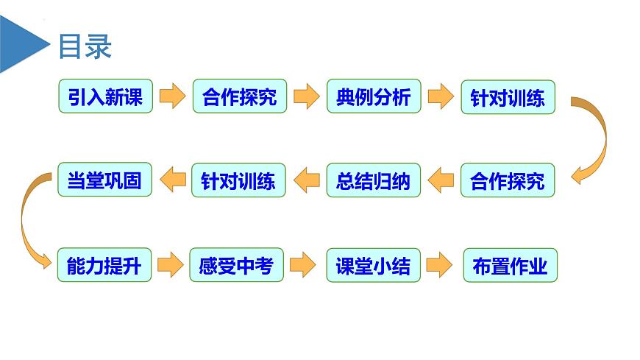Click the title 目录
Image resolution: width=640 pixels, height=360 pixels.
tap(85, 46)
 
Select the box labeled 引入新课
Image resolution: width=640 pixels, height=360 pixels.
tap(105, 96)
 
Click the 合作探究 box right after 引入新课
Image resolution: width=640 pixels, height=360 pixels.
tap(238, 96)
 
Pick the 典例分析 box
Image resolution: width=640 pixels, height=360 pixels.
tap(374, 96)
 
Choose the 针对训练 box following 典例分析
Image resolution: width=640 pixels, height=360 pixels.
tap(508, 96)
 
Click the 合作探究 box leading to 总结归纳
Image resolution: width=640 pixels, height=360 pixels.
tap(508, 180)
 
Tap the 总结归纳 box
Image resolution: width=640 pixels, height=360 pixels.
tap(374, 180)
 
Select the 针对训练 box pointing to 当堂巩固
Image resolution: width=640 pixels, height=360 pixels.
tap(238, 180)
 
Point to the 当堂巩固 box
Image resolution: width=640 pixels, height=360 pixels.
tap(105, 180)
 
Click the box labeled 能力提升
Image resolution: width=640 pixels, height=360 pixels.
tap(105, 264)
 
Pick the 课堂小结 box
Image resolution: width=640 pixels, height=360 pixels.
tap(374, 264)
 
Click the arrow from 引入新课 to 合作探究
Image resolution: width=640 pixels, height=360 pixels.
tap(172, 96)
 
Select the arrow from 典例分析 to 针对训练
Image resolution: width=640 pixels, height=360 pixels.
tap(440, 96)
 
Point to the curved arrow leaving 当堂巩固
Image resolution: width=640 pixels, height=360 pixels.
tap(26, 221)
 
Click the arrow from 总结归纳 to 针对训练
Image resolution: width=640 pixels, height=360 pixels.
tap(306, 180)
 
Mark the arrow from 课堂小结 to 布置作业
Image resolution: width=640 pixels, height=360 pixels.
tap(439, 264)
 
